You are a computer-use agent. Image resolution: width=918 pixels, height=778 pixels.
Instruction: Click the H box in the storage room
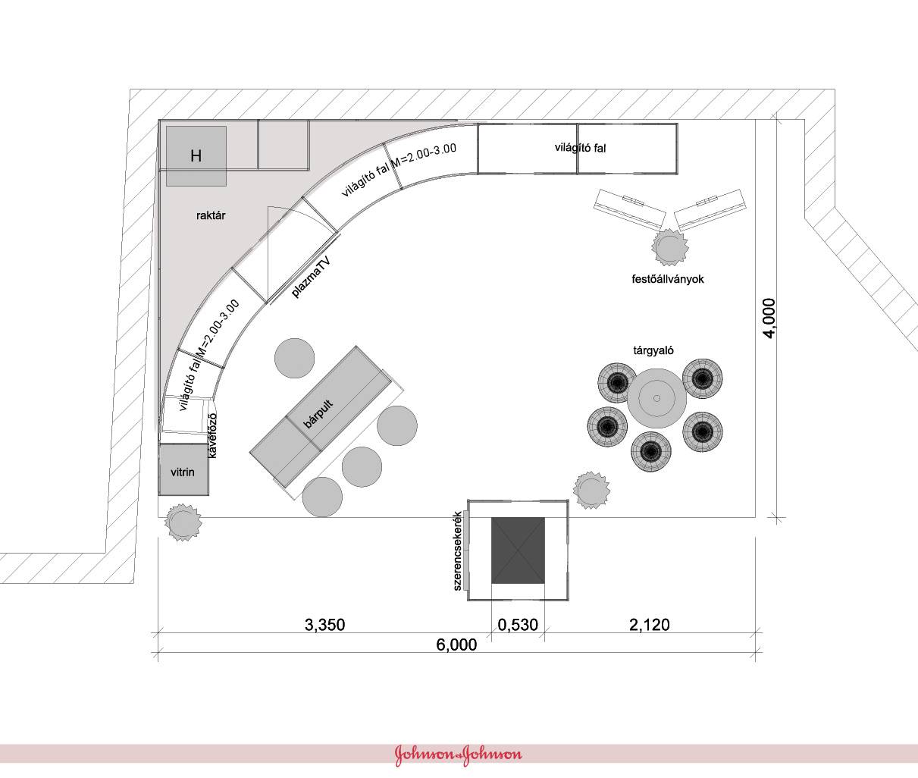tap(196, 156)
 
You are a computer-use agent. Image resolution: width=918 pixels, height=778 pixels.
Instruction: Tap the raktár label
tap(211, 215)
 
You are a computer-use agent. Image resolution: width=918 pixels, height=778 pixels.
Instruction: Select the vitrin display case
tap(183, 469)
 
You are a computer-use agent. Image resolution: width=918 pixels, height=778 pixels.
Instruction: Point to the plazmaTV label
tap(312, 278)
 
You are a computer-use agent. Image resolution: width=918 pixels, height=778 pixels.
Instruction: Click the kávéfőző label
tap(212, 435)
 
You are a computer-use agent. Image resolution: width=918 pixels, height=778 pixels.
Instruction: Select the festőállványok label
tap(668, 279)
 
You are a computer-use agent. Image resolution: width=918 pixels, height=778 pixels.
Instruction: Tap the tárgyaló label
tap(653, 350)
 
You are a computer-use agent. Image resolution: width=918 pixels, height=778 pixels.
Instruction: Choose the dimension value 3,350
tap(324, 625)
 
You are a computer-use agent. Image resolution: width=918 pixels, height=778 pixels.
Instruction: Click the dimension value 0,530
tap(518, 625)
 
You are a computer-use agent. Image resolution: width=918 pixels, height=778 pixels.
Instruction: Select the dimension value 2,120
tap(650, 625)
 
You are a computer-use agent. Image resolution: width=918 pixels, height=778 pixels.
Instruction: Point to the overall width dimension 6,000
tap(456, 645)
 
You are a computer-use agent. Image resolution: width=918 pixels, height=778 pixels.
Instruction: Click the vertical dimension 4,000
tap(769, 318)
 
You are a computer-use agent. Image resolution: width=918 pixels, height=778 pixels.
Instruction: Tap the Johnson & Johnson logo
tap(459, 754)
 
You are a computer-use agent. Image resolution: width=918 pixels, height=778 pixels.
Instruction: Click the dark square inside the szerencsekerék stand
tap(518, 551)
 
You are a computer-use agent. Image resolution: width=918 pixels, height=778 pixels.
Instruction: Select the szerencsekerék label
tap(457, 551)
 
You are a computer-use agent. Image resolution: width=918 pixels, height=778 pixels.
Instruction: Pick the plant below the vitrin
tap(183, 522)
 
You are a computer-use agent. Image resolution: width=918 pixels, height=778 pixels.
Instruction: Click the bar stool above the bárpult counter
tap(294, 358)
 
